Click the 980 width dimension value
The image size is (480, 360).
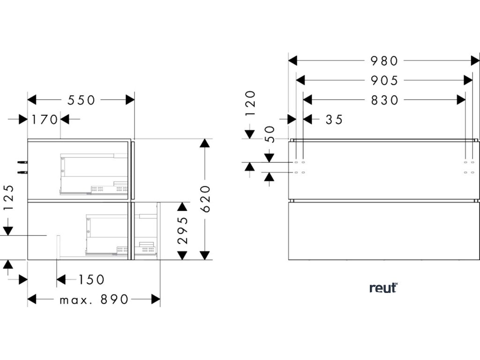click(384, 61)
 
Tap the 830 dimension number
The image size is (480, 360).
click(384, 100)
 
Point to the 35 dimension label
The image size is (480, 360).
click(334, 120)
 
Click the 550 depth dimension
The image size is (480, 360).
click(82, 100)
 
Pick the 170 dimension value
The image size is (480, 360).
click(45, 120)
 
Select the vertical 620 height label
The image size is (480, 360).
click(206, 199)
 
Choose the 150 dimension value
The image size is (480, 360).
click(91, 280)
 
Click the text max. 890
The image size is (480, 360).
click(94, 300)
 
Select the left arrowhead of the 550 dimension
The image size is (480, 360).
click(32, 100)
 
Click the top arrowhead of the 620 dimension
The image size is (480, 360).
click(203, 143)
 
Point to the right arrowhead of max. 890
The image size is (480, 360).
click(155, 299)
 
